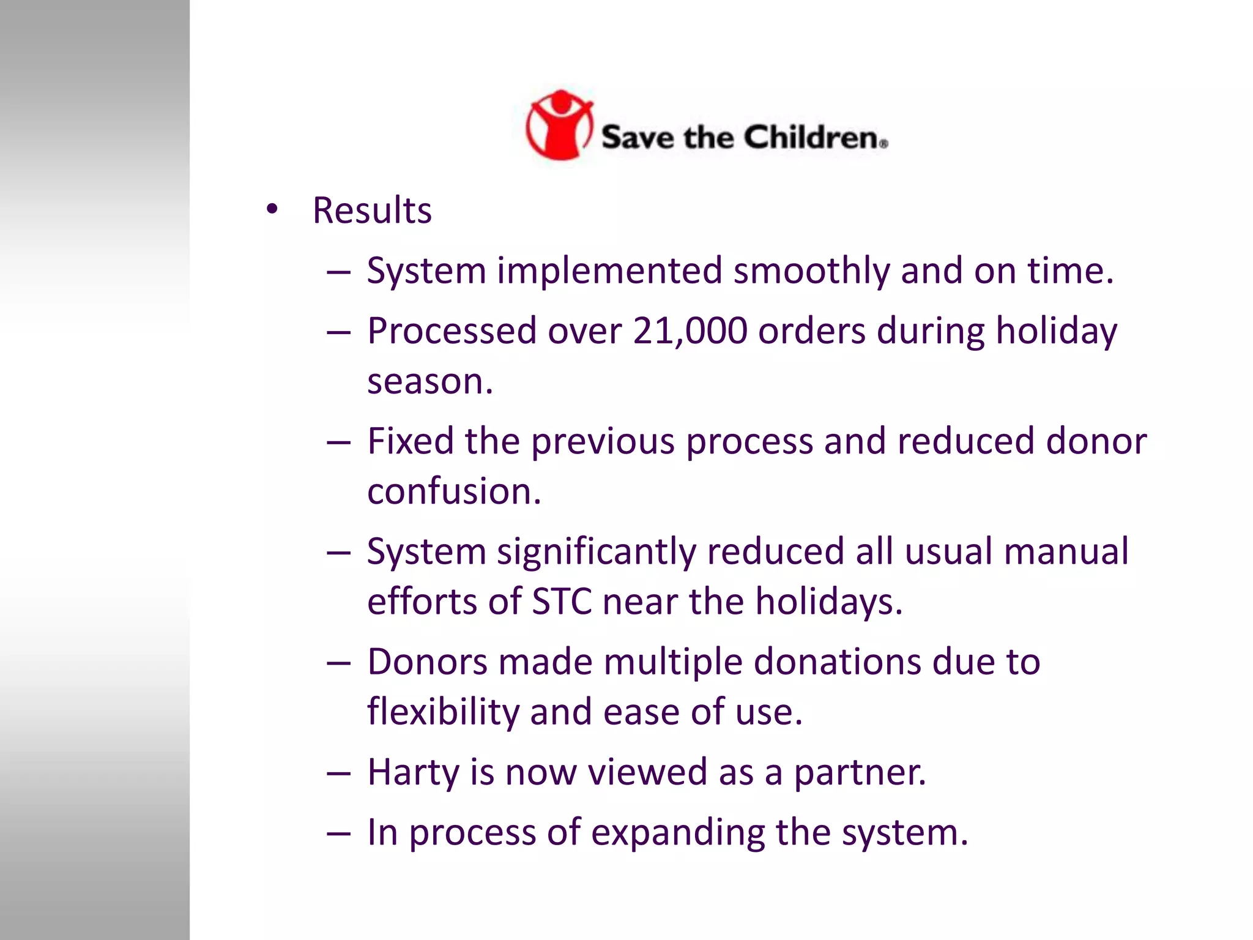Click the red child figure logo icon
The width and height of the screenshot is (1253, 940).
click(559, 125)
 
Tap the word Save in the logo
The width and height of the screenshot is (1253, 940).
click(637, 136)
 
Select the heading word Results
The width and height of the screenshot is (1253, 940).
click(372, 211)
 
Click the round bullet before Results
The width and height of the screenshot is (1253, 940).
click(272, 210)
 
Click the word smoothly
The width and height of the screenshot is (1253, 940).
click(811, 271)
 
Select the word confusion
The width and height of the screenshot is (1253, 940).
click(454, 491)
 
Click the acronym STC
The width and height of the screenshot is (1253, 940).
click(562, 602)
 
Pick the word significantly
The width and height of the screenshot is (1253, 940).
click(596, 552)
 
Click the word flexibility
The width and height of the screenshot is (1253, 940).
click(443, 712)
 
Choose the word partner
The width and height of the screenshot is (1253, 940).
click(860, 772)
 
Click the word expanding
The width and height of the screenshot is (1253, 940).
click(677, 833)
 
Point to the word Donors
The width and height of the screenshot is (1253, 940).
click(427, 662)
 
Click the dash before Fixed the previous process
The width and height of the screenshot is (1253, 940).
click(338, 442)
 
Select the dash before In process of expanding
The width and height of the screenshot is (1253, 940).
click(338, 834)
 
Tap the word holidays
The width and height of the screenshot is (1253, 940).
click(828, 602)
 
